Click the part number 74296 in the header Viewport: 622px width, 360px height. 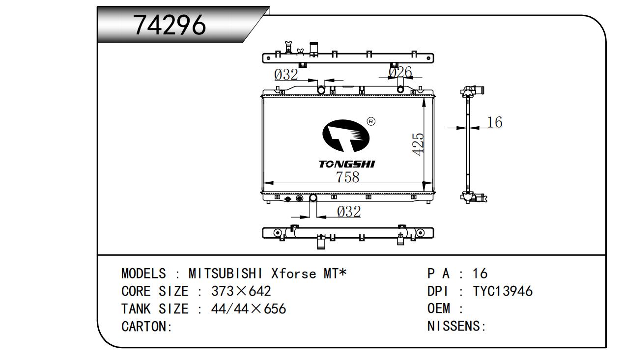tap(170, 25)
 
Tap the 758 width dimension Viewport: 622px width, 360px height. tap(347, 177)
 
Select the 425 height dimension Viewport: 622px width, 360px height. tap(418, 144)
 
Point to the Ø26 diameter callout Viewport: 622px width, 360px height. tap(400, 72)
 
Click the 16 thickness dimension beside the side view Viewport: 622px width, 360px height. tap(495, 122)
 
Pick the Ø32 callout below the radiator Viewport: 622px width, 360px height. tap(349, 212)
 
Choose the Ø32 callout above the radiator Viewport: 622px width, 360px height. tap(286, 74)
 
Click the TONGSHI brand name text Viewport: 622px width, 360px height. tap(347, 164)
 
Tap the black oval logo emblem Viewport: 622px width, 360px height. tap(346, 136)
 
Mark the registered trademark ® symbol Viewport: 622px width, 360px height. tap(371, 122)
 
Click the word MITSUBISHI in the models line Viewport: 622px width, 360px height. tap(226, 274)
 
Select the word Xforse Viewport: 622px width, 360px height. tap(294, 274)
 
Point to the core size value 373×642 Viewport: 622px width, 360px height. tap(241, 291)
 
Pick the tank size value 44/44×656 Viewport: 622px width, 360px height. tap(249, 308)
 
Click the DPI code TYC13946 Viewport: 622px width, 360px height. tap(503, 291)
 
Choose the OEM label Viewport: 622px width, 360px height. tap(439, 308)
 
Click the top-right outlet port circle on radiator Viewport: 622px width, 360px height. tap(400, 89)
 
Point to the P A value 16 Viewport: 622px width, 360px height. tap(480, 274)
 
